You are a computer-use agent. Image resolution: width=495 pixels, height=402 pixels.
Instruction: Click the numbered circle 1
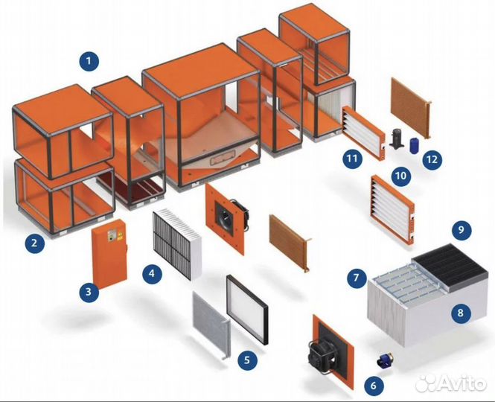(90, 59)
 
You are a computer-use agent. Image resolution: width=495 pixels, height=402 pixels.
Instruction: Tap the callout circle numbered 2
(33, 241)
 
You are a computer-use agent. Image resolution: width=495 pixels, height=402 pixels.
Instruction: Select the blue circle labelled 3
(89, 293)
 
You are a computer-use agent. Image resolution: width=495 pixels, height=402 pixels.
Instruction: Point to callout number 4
(152, 273)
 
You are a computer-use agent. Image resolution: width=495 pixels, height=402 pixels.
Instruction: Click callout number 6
(373, 385)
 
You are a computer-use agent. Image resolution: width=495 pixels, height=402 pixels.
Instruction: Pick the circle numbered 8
(460, 313)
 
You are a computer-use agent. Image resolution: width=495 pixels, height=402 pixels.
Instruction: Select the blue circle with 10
(401, 176)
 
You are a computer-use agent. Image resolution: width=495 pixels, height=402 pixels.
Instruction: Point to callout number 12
(432, 158)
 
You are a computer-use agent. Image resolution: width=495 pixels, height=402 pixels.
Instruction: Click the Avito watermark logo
(450, 382)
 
